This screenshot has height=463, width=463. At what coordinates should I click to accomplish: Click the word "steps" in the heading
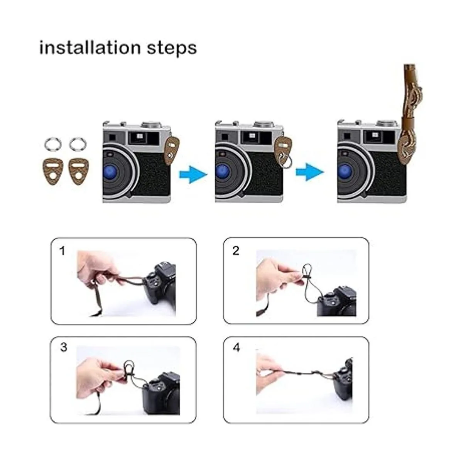172,49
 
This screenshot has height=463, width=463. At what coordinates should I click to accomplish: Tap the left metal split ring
53,144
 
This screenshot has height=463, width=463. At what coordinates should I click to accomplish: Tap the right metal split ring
78,144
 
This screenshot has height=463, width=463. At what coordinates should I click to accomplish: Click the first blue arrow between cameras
193,174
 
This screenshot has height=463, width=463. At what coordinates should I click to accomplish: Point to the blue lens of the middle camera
223,172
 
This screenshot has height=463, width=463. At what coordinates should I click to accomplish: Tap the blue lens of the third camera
345,172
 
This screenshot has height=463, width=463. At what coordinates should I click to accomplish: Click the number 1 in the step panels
62,251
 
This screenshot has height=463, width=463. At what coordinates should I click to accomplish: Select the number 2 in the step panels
236,251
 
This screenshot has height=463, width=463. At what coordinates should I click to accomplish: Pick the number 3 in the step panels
64,347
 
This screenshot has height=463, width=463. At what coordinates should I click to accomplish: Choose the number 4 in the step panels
237,347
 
